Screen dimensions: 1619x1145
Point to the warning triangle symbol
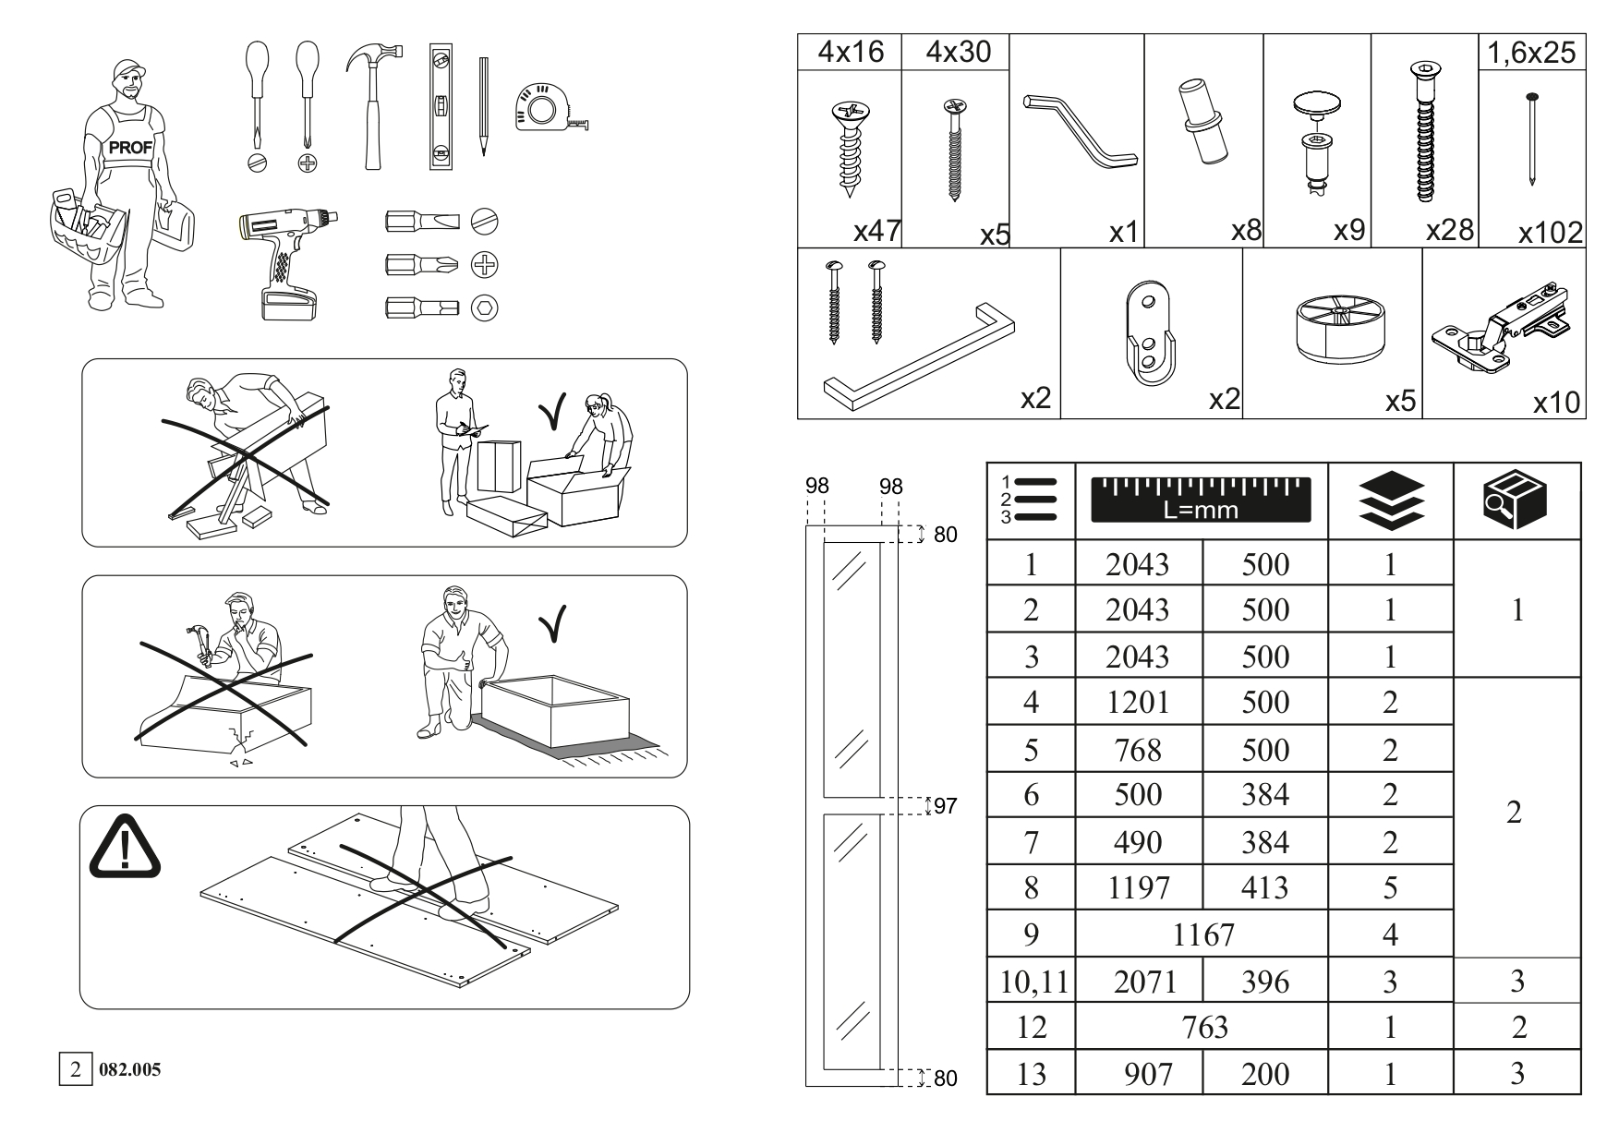[124, 846]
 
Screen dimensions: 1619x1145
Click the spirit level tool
[442, 106]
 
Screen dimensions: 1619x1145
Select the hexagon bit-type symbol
[485, 308]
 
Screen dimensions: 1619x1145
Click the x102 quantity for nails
[1551, 233]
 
